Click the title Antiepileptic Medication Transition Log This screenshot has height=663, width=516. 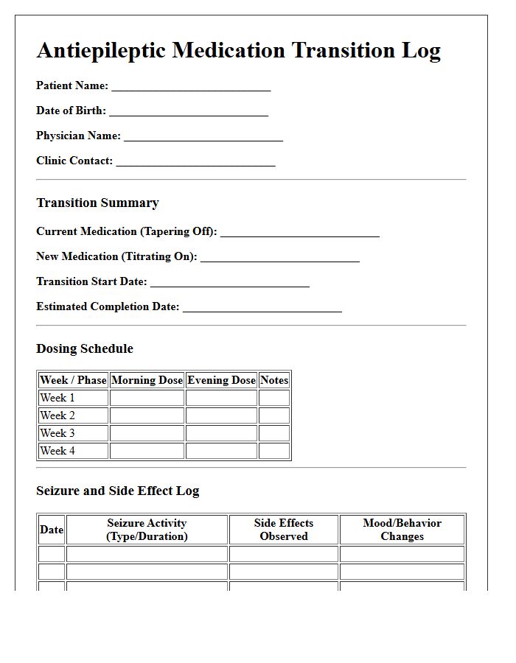click(x=238, y=50)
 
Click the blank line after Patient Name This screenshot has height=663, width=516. click(x=191, y=87)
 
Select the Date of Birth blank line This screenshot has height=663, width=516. click(x=189, y=112)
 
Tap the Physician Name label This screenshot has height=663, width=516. click(x=78, y=136)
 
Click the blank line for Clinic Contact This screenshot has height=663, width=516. click(x=195, y=162)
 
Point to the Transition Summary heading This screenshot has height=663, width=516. click(x=97, y=203)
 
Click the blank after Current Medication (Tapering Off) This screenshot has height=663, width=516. click(x=300, y=233)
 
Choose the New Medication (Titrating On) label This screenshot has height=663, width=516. click(x=116, y=256)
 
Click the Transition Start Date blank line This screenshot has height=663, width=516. click(x=229, y=283)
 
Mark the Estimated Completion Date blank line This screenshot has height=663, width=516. click(x=262, y=308)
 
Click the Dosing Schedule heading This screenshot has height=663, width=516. click(x=85, y=348)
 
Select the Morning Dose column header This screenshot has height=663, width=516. click(x=147, y=380)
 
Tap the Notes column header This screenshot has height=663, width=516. click(x=274, y=380)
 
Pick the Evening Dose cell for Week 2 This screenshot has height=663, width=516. click(x=221, y=415)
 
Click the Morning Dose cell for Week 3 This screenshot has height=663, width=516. click(x=147, y=433)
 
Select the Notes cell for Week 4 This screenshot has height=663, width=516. click(x=274, y=451)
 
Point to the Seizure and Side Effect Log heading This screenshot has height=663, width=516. click(x=118, y=491)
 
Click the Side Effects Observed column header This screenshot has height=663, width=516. click(x=284, y=530)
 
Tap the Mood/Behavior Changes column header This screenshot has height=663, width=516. click(x=402, y=530)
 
